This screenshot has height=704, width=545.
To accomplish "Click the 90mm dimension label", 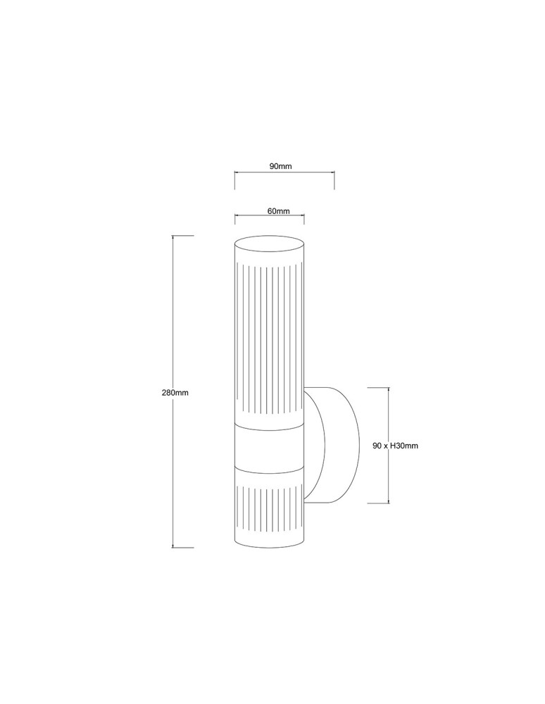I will pos(280,166).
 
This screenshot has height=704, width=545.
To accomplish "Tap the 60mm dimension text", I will pos(279,210).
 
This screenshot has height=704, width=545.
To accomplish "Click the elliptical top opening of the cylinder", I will pos(270,244).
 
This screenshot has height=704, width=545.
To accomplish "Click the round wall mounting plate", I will pos(334,445).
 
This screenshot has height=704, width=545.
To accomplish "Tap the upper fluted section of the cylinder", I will pos(270,338).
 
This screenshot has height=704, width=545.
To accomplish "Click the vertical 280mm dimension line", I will pos(175,317).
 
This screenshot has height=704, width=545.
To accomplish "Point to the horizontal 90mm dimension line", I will pos(284,174).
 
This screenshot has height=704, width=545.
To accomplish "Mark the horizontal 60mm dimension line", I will pos(270,218).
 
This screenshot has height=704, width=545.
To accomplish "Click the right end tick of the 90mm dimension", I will pos(334,180).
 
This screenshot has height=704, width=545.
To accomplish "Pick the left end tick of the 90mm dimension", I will pos(234,180).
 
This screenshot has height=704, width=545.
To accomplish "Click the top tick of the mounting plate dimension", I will pos(379,387).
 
